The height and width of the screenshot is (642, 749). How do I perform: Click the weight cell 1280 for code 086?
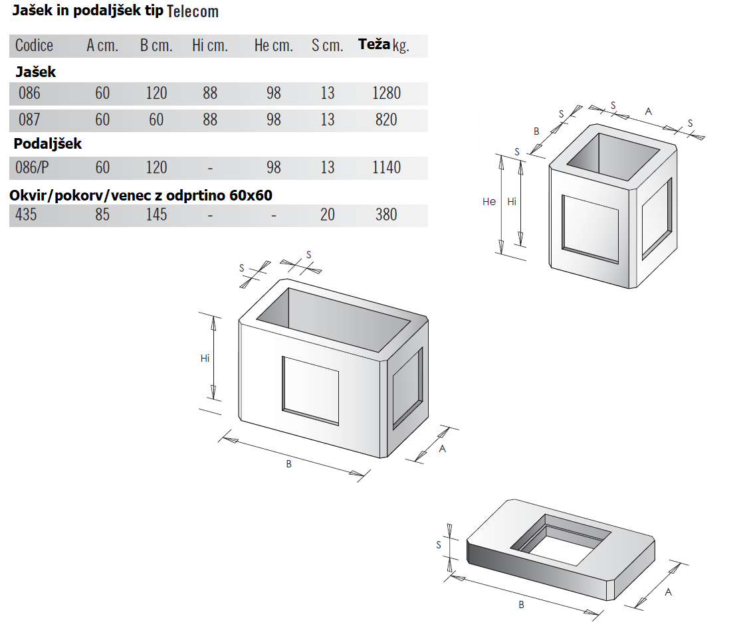(x=386, y=93)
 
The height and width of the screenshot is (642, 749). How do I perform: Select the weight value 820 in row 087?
(x=386, y=120)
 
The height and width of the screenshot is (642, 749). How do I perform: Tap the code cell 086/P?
(x=32, y=167)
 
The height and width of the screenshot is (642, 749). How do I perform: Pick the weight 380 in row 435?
(x=386, y=214)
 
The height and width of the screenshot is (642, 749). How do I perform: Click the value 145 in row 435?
(x=156, y=214)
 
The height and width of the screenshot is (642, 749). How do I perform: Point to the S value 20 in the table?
(x=327, y=214)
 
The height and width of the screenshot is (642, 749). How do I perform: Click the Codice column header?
(x=34, y=45)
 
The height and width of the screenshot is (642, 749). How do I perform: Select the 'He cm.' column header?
(x=273, y=45)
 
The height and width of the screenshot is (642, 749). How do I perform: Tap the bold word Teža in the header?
(x=374, y=44)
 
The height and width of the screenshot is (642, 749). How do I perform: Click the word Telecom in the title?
(x=193, y=11)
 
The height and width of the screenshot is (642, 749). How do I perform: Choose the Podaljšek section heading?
(x=47, y=143)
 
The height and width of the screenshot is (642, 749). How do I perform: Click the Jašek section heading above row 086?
(x=35, y=72)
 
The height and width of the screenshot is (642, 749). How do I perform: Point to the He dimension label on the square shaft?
(x=488, y=201)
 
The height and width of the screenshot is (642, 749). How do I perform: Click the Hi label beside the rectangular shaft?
(x=205, y=358)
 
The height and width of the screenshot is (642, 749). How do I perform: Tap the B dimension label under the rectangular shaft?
(x=288, y=463)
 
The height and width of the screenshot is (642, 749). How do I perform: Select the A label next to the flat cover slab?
(x=669, y=592)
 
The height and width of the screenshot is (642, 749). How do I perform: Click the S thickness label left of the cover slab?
(x=439, y=544)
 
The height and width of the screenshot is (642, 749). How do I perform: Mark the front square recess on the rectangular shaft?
(x=310, y=390)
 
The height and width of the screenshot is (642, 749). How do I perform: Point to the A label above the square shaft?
(x=648, y=112)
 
